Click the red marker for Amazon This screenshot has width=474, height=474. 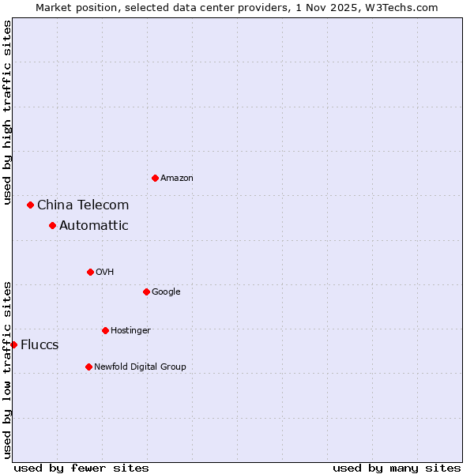click(155, 178)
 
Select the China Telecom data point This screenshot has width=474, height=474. click(30, 205)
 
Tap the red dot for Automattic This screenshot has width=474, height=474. click(52, 225)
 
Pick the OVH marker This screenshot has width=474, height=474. click(90, 272)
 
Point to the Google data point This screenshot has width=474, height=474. click(146, 292)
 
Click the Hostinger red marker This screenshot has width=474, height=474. click(105, 330)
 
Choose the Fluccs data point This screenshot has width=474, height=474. click(13, 344)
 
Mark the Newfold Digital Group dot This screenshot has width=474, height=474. click(88, 367)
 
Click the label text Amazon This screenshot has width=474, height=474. click(177, 179)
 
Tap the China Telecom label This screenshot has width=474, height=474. click(83, 205)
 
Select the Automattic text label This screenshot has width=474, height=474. click(94, 226)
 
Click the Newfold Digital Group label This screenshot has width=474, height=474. click(140, 367)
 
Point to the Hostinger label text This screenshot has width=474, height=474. click(130, 330)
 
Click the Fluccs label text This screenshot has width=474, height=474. click(39, 345)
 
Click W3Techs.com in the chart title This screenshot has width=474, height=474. click(404, 7)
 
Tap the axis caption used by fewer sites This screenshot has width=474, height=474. click(81, 468)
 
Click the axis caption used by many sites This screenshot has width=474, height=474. click(397, 468)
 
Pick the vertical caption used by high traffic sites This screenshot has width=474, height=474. click(7, 113)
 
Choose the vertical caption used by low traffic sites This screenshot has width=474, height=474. click(7, 370)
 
